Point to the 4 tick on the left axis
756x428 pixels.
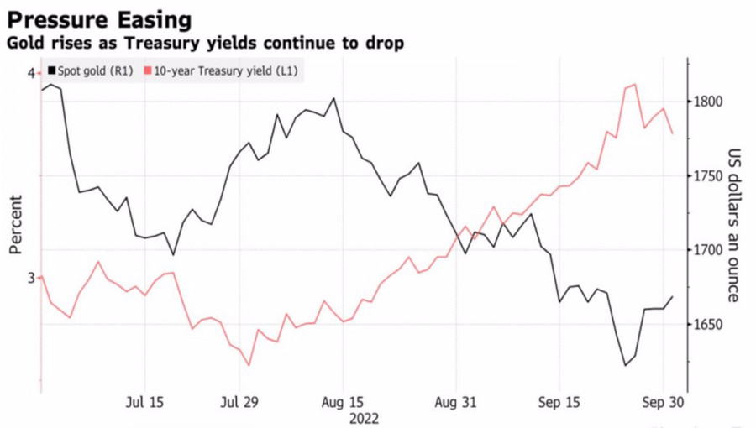(31, 74)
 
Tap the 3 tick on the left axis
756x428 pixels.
(31, 278)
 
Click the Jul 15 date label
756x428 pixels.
(144, 401)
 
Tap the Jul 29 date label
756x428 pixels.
(239, 401)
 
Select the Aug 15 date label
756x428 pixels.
(342, 401)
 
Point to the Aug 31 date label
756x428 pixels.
(456, 401)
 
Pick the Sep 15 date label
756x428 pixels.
(559, 401)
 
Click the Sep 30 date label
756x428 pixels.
(663, 401)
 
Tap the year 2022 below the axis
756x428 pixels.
(363, 418)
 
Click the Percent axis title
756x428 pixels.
(16, 224)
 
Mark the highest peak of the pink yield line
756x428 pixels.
(634, 84)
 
